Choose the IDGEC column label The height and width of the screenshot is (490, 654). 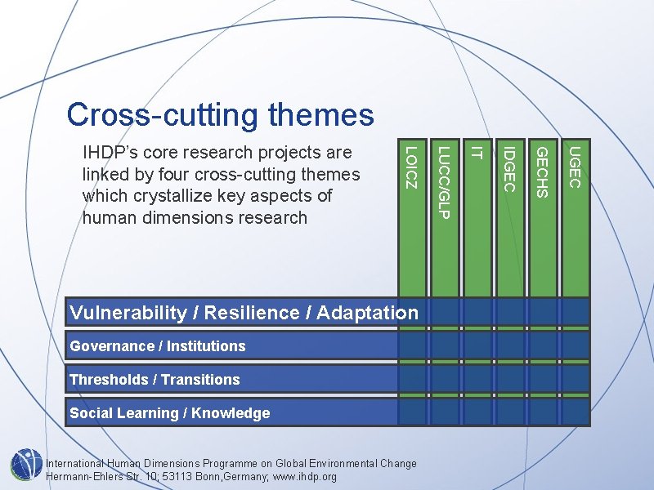click(508, 168)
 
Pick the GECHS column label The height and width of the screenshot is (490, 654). click(541, 171)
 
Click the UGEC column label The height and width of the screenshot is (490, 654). click(575, 167)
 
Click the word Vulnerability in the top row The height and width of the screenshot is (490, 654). click(128, 313)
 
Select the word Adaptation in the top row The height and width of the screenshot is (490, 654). click(367, 313)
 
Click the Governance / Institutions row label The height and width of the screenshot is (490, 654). click(158, 346)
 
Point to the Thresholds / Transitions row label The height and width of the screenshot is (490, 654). click(155, 380)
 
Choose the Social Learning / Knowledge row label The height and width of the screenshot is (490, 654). click(169, 413)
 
